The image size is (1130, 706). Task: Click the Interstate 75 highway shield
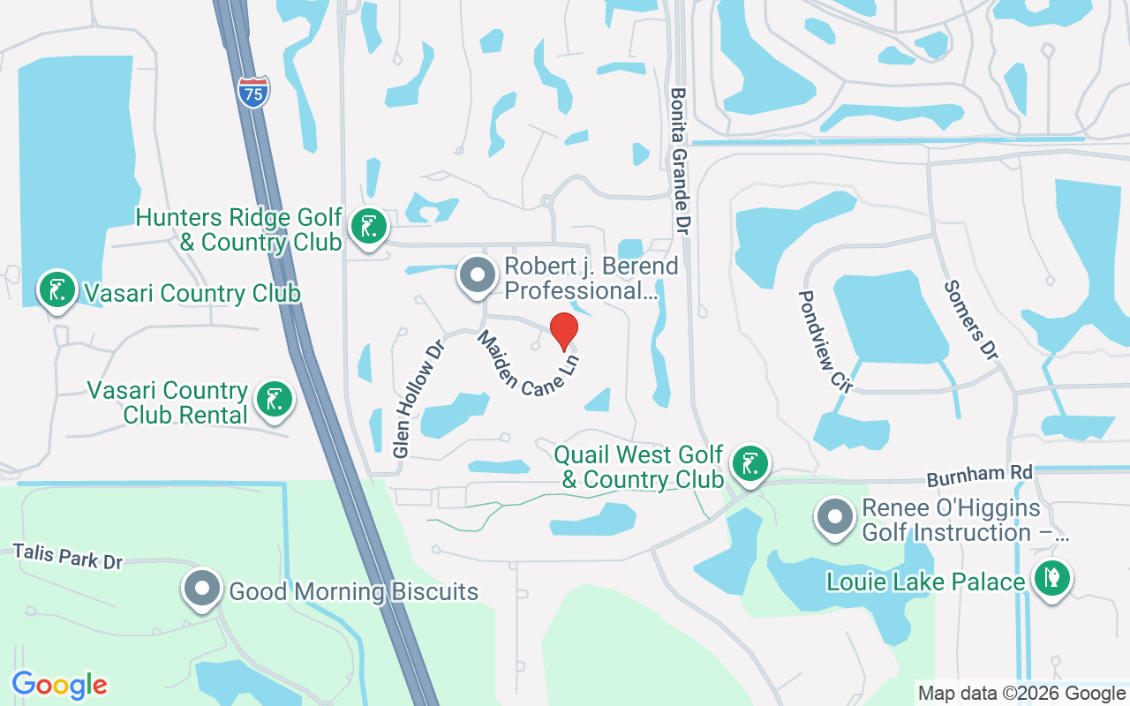click(253, 92)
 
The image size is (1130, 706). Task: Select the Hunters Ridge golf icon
click(368, 227)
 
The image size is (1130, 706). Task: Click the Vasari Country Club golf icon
click(56, 289)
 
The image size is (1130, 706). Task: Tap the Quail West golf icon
click(750, 462)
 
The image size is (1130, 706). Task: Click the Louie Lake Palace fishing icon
click(1051, 580)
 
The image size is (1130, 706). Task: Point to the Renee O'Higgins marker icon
click(834, 517)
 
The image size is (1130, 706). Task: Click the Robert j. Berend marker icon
click(478, 275)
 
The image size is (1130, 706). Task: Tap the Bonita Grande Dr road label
click(679, 160)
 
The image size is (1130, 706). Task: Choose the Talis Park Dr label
click(68, 557)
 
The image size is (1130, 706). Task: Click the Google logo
click(59, 685)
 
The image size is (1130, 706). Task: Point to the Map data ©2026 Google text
click(1022, 694)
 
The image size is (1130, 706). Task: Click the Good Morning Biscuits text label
click(353, 591)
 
